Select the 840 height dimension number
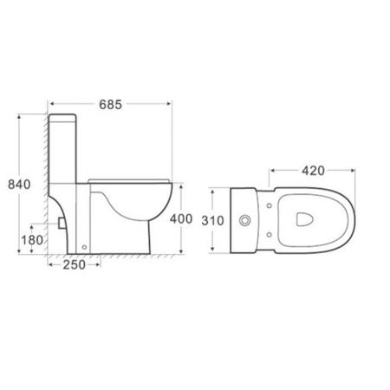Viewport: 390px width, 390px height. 18,183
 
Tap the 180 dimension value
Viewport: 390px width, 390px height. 33,238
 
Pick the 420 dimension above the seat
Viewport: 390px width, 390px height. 313,171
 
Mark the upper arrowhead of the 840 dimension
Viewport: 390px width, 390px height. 18,114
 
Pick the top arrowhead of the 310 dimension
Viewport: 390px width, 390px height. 213,189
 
